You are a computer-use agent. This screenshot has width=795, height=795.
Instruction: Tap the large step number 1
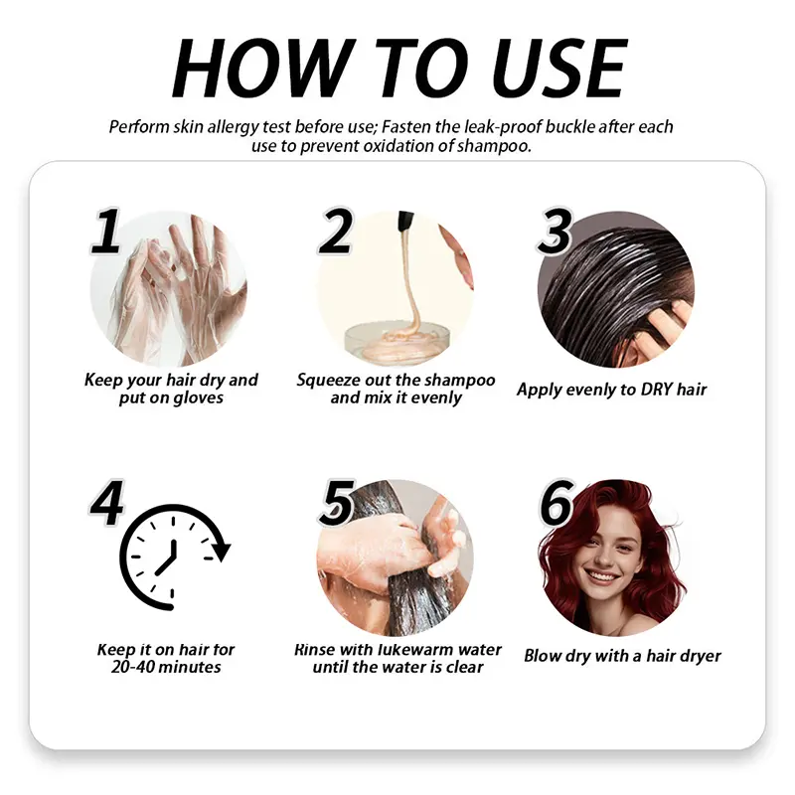point(106,231)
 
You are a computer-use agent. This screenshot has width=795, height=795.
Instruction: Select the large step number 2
point(334,232)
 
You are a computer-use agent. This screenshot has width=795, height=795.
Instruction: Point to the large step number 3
point(556,232)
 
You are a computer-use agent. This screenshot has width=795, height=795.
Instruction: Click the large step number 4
point(106,502)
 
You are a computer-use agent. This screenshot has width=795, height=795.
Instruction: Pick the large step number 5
point(336,503)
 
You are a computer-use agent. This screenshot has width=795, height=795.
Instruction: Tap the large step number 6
point(556,503)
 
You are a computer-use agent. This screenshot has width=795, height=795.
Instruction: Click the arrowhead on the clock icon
point(222,552)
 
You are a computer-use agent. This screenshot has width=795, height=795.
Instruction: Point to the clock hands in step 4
point(167,556)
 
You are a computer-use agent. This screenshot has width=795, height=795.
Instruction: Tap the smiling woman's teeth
point(602,576)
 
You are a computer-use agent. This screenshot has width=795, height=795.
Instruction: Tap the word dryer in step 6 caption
point(702,656)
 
